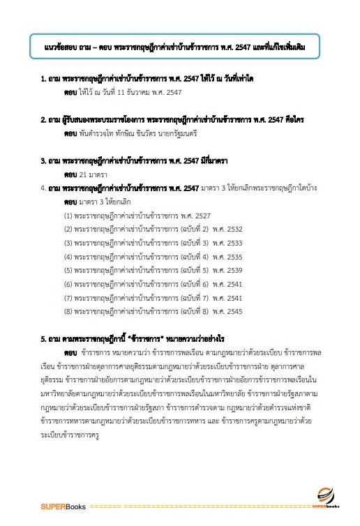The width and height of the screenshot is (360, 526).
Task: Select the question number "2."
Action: tap(44, 119)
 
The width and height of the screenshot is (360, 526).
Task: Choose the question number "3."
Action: tap(44, 160)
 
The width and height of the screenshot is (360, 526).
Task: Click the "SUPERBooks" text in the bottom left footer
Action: tap(61, 504)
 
